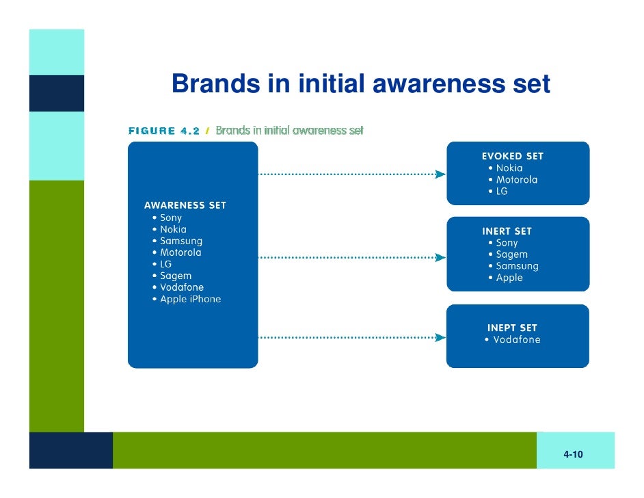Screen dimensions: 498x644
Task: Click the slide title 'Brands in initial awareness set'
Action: point(361,83)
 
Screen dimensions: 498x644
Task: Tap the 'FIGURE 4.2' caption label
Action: point(164,131)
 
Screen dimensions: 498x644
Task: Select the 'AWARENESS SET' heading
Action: point(185,205)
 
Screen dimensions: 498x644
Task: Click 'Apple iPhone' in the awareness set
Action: point(190,299)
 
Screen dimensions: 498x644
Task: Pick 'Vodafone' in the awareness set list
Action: point(182,287)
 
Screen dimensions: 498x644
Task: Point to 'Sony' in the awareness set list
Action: point(171,218)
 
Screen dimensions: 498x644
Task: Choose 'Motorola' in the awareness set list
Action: point(180,252)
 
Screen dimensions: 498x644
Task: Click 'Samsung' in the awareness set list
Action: point(181,241)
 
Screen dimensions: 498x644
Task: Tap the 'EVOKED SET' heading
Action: point(513,156)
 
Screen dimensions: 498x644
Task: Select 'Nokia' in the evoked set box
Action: point(509,168)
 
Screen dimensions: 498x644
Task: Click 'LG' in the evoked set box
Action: point(502,192)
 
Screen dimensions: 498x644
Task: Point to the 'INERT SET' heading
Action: point(507,231)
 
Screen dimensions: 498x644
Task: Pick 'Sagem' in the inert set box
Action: point(511,254)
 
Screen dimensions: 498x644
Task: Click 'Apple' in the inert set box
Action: point(509,278)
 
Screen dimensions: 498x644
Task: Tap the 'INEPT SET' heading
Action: point(512,328)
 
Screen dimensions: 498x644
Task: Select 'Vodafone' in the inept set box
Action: point(516,340)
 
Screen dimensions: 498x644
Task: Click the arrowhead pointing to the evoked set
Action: point(441,174)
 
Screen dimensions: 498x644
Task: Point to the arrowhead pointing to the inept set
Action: point(441,337)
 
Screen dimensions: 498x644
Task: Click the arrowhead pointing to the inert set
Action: point(441,258)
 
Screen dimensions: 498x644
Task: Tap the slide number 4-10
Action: point(573,455)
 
